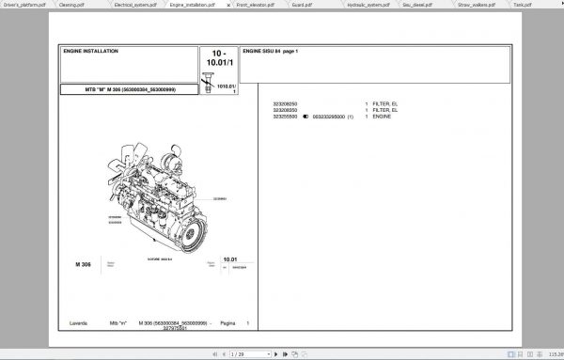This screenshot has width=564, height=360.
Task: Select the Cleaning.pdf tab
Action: [70, 5]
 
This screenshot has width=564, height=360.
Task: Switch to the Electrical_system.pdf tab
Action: [129, 5]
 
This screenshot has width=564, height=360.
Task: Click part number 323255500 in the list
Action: [284, 115]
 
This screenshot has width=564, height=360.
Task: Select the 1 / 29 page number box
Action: [236, 354]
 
